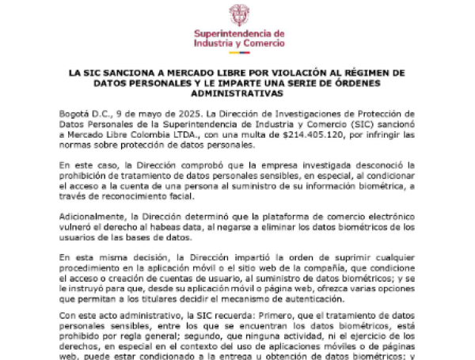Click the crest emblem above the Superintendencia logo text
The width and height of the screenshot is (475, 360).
coord(238,14)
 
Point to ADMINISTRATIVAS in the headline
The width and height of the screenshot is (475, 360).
coord(237,93)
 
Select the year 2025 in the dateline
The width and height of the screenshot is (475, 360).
coord(164,115)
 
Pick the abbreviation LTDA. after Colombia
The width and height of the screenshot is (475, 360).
coord(184,135)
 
